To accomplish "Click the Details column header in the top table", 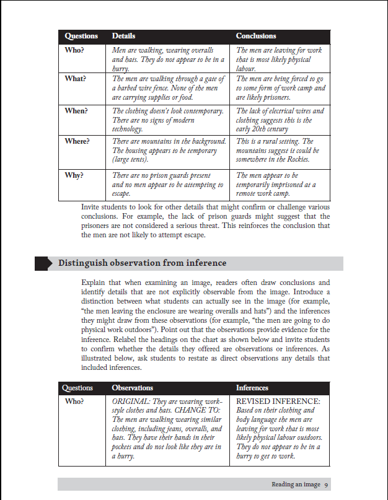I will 123,36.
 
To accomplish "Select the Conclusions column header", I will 256,36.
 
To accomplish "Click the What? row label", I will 76,79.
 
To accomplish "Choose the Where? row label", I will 77,141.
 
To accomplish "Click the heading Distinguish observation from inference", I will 140,263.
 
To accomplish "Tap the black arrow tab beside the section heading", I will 43,263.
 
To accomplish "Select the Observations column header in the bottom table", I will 132,388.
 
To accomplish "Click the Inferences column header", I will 252,388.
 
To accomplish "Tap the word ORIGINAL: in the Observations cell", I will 131,401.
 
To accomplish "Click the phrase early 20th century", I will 262,129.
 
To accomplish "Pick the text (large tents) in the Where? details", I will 132,160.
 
